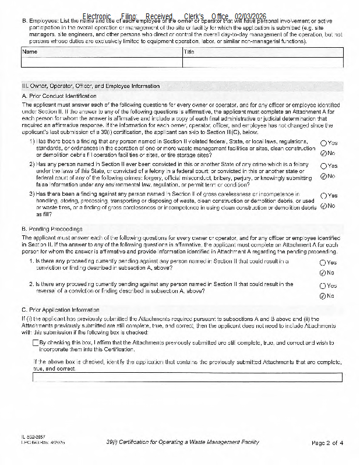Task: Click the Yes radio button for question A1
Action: coord(323,143)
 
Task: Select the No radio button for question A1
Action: coord(323,153)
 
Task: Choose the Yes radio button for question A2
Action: coord(323,166)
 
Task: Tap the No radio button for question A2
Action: coord(323,176)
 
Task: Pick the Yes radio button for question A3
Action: coord(323,196)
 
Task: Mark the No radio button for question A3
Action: coord(323,206)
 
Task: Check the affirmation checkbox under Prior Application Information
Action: coord(36,343)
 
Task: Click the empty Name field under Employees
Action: coord(101,62)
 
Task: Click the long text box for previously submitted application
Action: coord(188,377)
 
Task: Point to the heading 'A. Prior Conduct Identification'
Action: coord(59,96)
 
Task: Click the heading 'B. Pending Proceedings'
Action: coord(52,229)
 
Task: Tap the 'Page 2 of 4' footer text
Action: coord(327,443)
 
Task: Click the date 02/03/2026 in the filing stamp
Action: coord(251,17)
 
